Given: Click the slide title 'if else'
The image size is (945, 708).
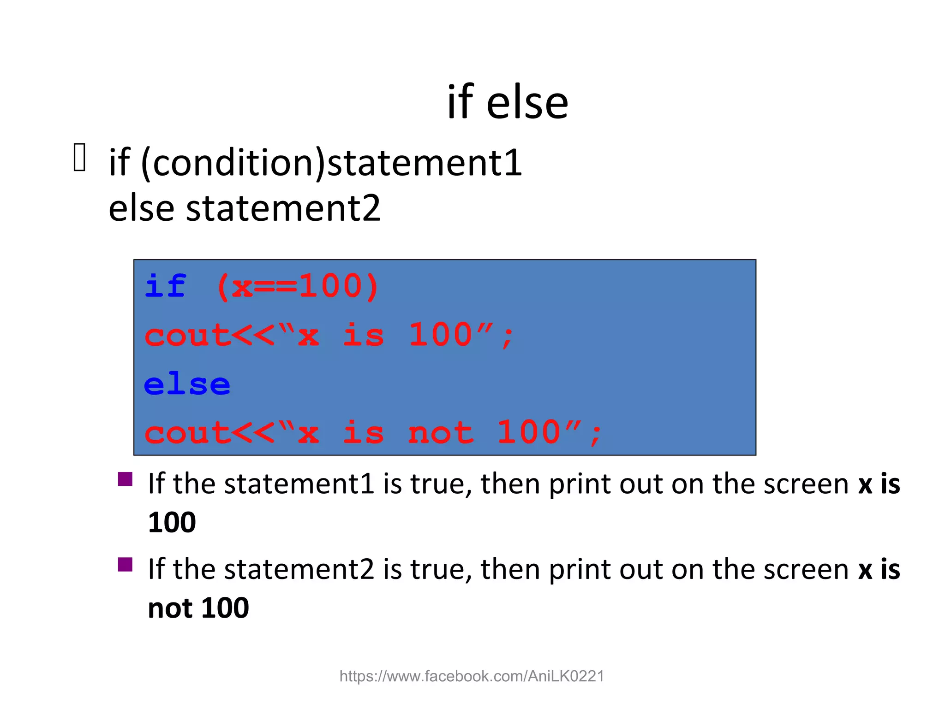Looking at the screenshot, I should point(508,102).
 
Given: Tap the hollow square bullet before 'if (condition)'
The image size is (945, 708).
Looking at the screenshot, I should point(79,158).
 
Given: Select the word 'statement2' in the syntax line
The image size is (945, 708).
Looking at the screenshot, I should point(283,208).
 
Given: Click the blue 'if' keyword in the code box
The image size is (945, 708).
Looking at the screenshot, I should point(165,286).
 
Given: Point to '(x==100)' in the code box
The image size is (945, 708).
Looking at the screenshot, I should point(298,286).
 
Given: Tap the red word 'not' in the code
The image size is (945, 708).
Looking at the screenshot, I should point(441,433).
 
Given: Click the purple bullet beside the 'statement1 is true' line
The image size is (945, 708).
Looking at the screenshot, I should point(125,479).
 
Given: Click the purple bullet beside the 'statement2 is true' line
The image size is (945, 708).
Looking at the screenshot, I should point(125,565).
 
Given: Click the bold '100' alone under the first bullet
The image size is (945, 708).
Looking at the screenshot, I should point(172,523).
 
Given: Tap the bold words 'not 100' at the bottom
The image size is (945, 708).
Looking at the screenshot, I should point(198,608).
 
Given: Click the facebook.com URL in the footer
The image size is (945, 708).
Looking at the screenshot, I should point(472,676).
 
